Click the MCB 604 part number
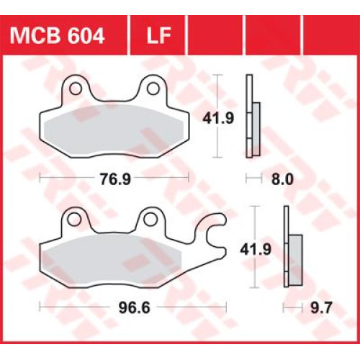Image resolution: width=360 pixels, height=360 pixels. pos(57,35)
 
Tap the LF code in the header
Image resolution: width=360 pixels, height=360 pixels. pos(158,35)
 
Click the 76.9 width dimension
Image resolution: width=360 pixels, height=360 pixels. pos(115,179)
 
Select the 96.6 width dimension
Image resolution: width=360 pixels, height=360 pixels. pos(135,307)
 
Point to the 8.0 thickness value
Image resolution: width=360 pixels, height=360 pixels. pos(282,179)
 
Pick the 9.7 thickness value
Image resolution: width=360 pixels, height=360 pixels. pos(321,307)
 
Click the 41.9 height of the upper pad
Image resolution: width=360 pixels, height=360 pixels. pos(218,118)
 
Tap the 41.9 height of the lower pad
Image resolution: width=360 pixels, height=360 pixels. pos(256,249)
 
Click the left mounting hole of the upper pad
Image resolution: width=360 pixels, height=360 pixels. pos(76,89)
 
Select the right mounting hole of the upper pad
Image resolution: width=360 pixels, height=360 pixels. pos(153,89)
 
